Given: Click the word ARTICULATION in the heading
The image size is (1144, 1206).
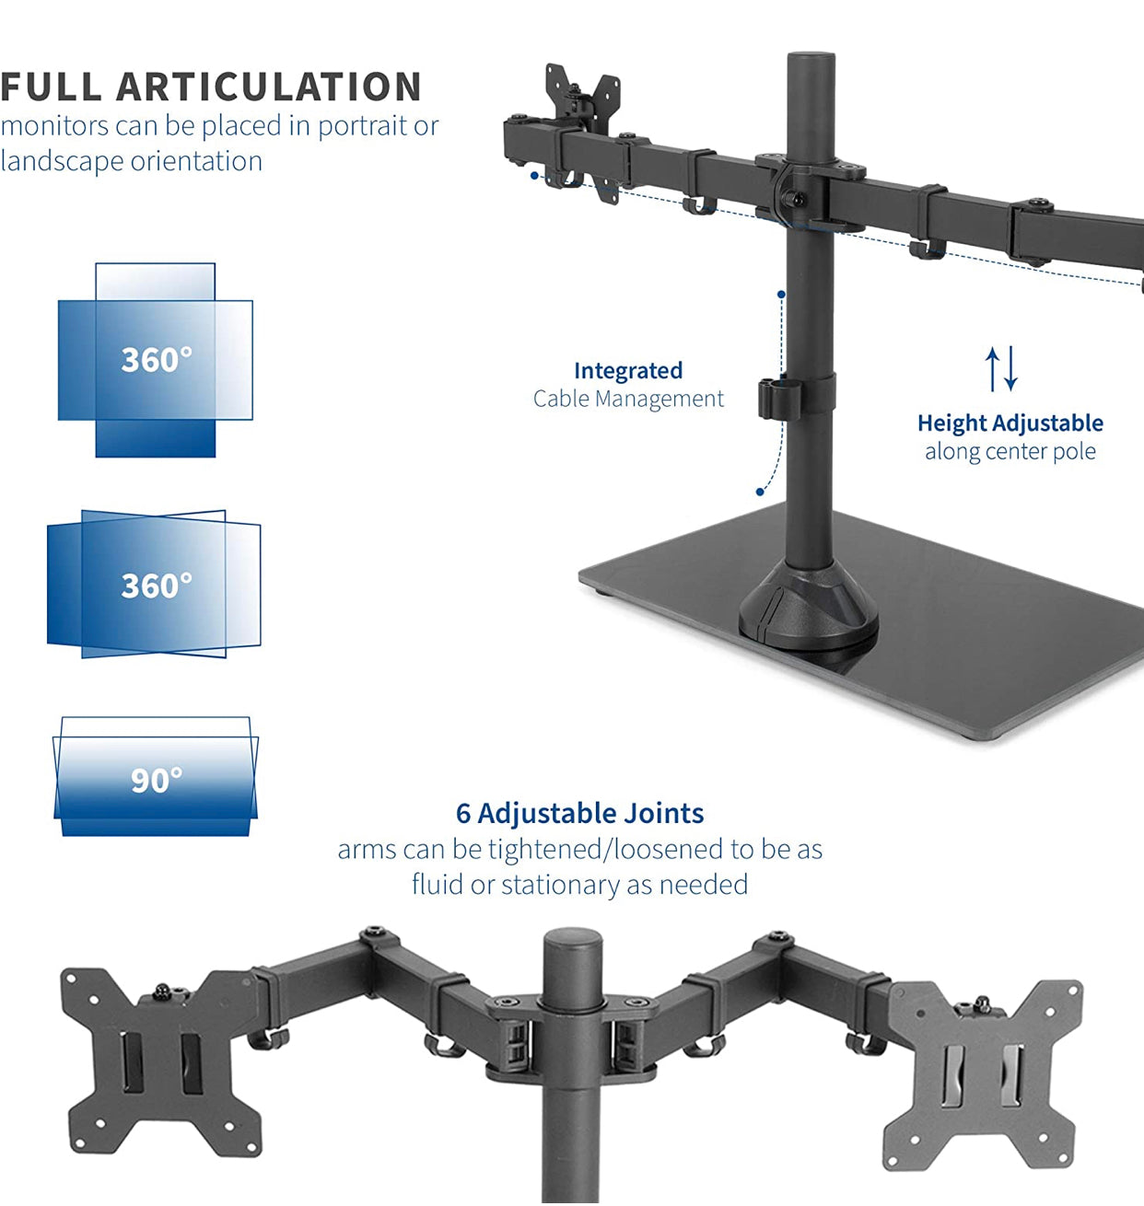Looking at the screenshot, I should (268, 87).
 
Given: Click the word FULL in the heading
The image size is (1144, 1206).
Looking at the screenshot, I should (52, 87).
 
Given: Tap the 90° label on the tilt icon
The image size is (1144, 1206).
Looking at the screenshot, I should (156, 781).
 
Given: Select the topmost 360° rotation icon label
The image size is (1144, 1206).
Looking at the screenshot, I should (157, 359).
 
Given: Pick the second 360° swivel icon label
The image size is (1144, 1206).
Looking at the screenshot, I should (157, 586).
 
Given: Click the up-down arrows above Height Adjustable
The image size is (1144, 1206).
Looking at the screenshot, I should (1001, 368).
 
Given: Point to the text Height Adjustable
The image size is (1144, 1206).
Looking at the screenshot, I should (1010, 423).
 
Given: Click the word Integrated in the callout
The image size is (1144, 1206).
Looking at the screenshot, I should (628, 370).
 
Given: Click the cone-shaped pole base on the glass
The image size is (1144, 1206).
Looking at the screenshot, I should (809, 609).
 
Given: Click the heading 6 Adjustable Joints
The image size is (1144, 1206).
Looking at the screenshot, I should (579, 813).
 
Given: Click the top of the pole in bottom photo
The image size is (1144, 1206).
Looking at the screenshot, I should (572, 943).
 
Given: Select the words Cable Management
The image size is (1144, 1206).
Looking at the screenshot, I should (628, 399).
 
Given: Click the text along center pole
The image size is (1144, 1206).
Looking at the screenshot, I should (1010, 451).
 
